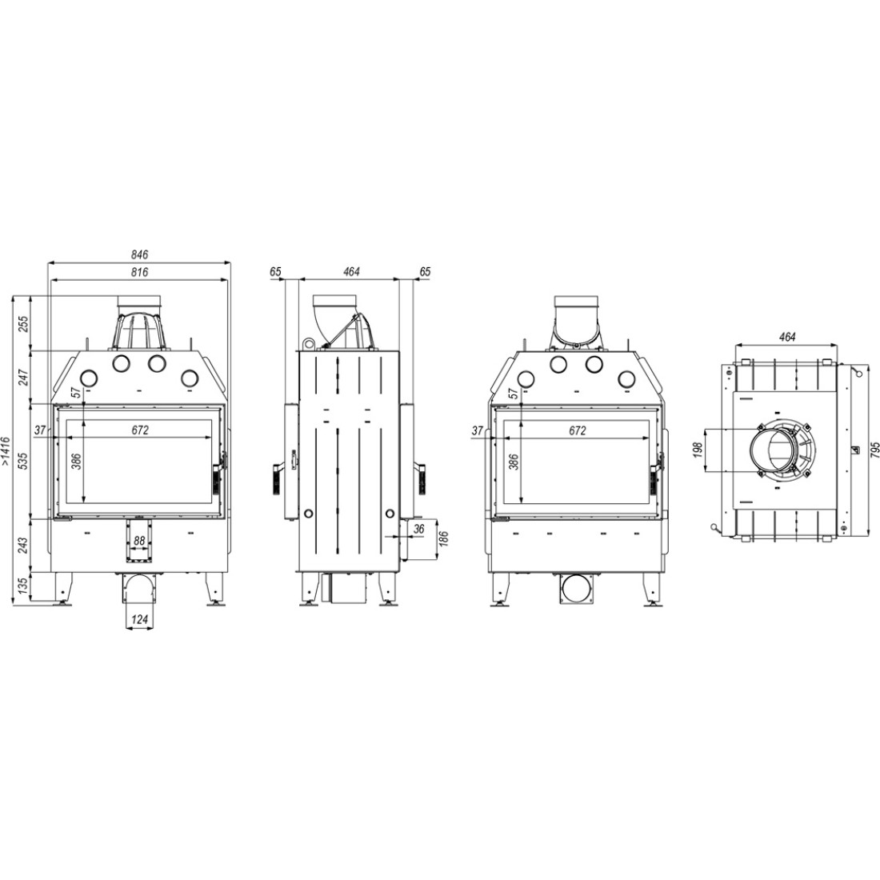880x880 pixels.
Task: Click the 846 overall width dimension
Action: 140,254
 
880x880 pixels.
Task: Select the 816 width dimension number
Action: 140,272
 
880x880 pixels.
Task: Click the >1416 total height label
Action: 6,452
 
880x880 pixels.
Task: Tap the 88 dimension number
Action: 139,541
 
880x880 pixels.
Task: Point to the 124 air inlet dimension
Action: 139,619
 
